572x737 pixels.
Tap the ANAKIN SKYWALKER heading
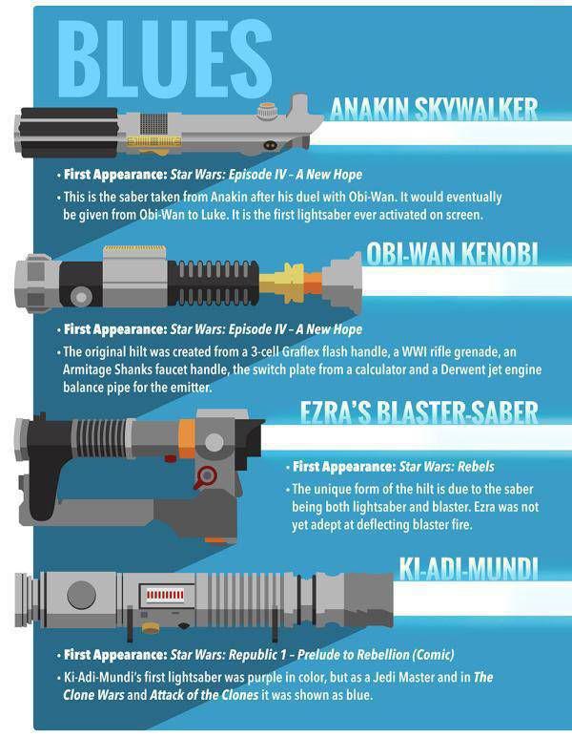pos(434,110)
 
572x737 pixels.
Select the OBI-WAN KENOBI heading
pos(452,254)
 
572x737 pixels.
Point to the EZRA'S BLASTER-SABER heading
pos(419,411)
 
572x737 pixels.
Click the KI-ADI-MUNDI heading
pos(468,568)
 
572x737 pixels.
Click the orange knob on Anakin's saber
pos(266,112)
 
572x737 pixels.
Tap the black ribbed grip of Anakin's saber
pos(67,133)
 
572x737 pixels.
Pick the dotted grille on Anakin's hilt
pos(153,123)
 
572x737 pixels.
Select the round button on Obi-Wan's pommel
pos(81,297)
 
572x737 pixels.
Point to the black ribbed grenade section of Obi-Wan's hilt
pos(214,283)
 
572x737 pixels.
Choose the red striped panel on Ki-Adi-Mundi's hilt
pos(165,595)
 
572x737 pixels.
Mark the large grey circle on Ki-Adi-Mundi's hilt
pos(81,595)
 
